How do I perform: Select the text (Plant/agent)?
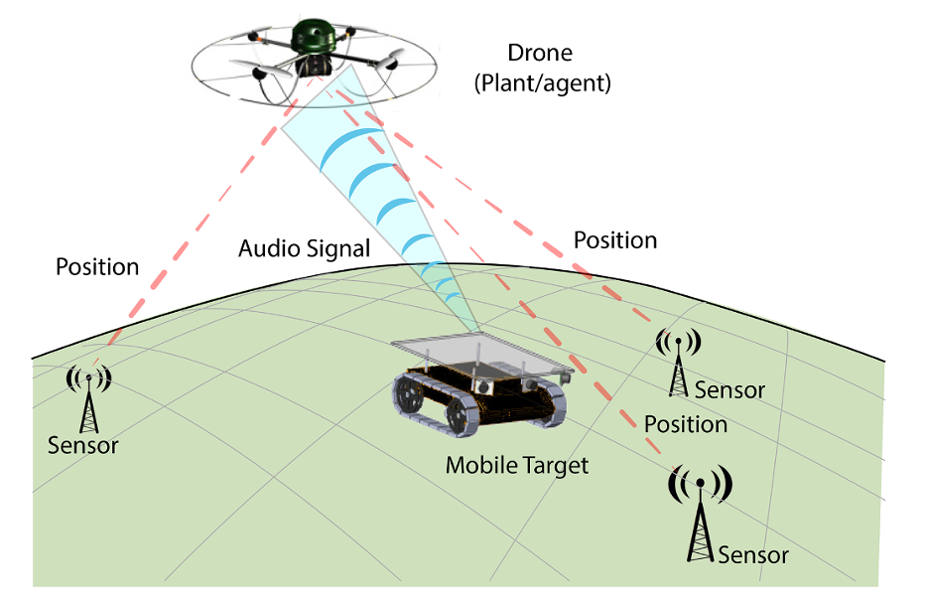pos(542,83)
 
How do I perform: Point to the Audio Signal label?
pos(304,248)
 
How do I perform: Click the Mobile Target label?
pos(517,465)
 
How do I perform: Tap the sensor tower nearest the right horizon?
pos(678,360)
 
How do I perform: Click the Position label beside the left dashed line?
pos(97,267)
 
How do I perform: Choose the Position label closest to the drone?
pos(615,240)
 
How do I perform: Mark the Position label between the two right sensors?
pos(686,424)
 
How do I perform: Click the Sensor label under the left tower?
pos(82,446)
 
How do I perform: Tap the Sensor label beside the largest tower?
pos(753,554)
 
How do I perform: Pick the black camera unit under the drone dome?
pos(316,65)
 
